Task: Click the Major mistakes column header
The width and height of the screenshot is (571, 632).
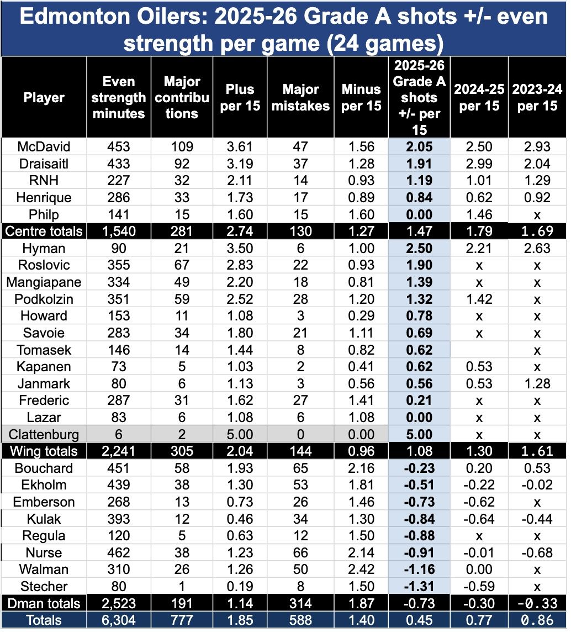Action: (301, 97)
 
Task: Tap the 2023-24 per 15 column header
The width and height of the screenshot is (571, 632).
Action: (535, 97)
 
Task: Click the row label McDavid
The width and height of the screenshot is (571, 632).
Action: (44, 146)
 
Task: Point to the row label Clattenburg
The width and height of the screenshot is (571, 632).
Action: (44, 434)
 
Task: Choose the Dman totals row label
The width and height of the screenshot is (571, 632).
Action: (44, 603)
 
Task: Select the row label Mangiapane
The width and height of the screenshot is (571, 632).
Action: (44, 282)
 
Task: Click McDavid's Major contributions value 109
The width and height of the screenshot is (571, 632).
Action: (182, 146)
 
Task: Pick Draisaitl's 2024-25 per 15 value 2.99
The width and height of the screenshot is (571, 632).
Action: (479, 164)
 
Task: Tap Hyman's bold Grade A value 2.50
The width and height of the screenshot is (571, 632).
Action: (420, 248)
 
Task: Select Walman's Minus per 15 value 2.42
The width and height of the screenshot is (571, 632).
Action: (362, 570)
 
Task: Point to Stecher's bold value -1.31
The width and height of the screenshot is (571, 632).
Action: (420, 586)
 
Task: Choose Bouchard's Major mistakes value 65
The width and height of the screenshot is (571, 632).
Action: (301, 468)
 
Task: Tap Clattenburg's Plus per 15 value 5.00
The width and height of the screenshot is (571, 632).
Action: (240, 434)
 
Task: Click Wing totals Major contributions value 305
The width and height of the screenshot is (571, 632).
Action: (182, 451)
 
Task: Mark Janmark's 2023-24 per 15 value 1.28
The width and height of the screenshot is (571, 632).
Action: (535, 383)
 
